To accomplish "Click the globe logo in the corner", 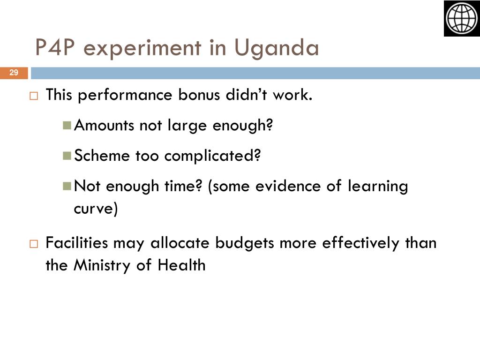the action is pos(462,18).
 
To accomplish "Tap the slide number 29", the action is pos(14,73).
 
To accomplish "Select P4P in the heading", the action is pos(55,47).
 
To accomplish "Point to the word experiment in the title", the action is pos(142,49).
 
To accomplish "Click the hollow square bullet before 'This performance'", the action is pos(34,96).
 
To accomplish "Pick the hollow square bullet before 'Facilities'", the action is pos(34,244).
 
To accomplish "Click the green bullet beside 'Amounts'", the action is pos(67,125).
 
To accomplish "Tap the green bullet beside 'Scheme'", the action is pos(67,156).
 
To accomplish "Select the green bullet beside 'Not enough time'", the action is pos(67,186).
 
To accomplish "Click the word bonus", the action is pos(199,95).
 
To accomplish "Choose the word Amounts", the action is pos(104,125).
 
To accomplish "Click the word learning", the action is pos(378,187).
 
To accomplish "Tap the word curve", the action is pos(96,209).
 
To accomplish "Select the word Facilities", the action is pos(76,243).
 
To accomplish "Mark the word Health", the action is pos(181,265).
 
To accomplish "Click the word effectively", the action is pos(360,244).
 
